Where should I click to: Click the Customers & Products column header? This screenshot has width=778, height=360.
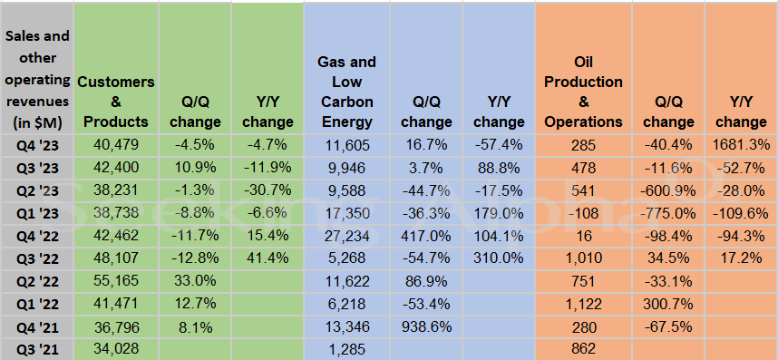tap(115, 102)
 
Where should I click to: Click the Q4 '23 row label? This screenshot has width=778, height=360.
tap(36, 144)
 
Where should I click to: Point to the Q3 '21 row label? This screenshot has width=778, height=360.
tap(36, 348)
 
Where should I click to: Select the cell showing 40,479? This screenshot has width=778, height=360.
tap(115, 144)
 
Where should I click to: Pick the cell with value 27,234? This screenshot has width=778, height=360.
tap(345, 235)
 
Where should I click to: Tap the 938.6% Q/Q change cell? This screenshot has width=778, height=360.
tap(425, 326)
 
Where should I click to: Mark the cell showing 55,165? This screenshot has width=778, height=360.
tap(115, 280)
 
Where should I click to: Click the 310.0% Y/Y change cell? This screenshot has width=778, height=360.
tap(499, 258)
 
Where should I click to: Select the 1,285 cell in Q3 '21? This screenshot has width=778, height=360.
tap(345, 348)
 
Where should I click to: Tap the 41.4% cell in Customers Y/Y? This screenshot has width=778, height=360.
tap(267, 258)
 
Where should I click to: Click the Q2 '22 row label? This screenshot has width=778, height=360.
tap(36, 280)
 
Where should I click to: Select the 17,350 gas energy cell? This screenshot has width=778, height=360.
tap(345, 212)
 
